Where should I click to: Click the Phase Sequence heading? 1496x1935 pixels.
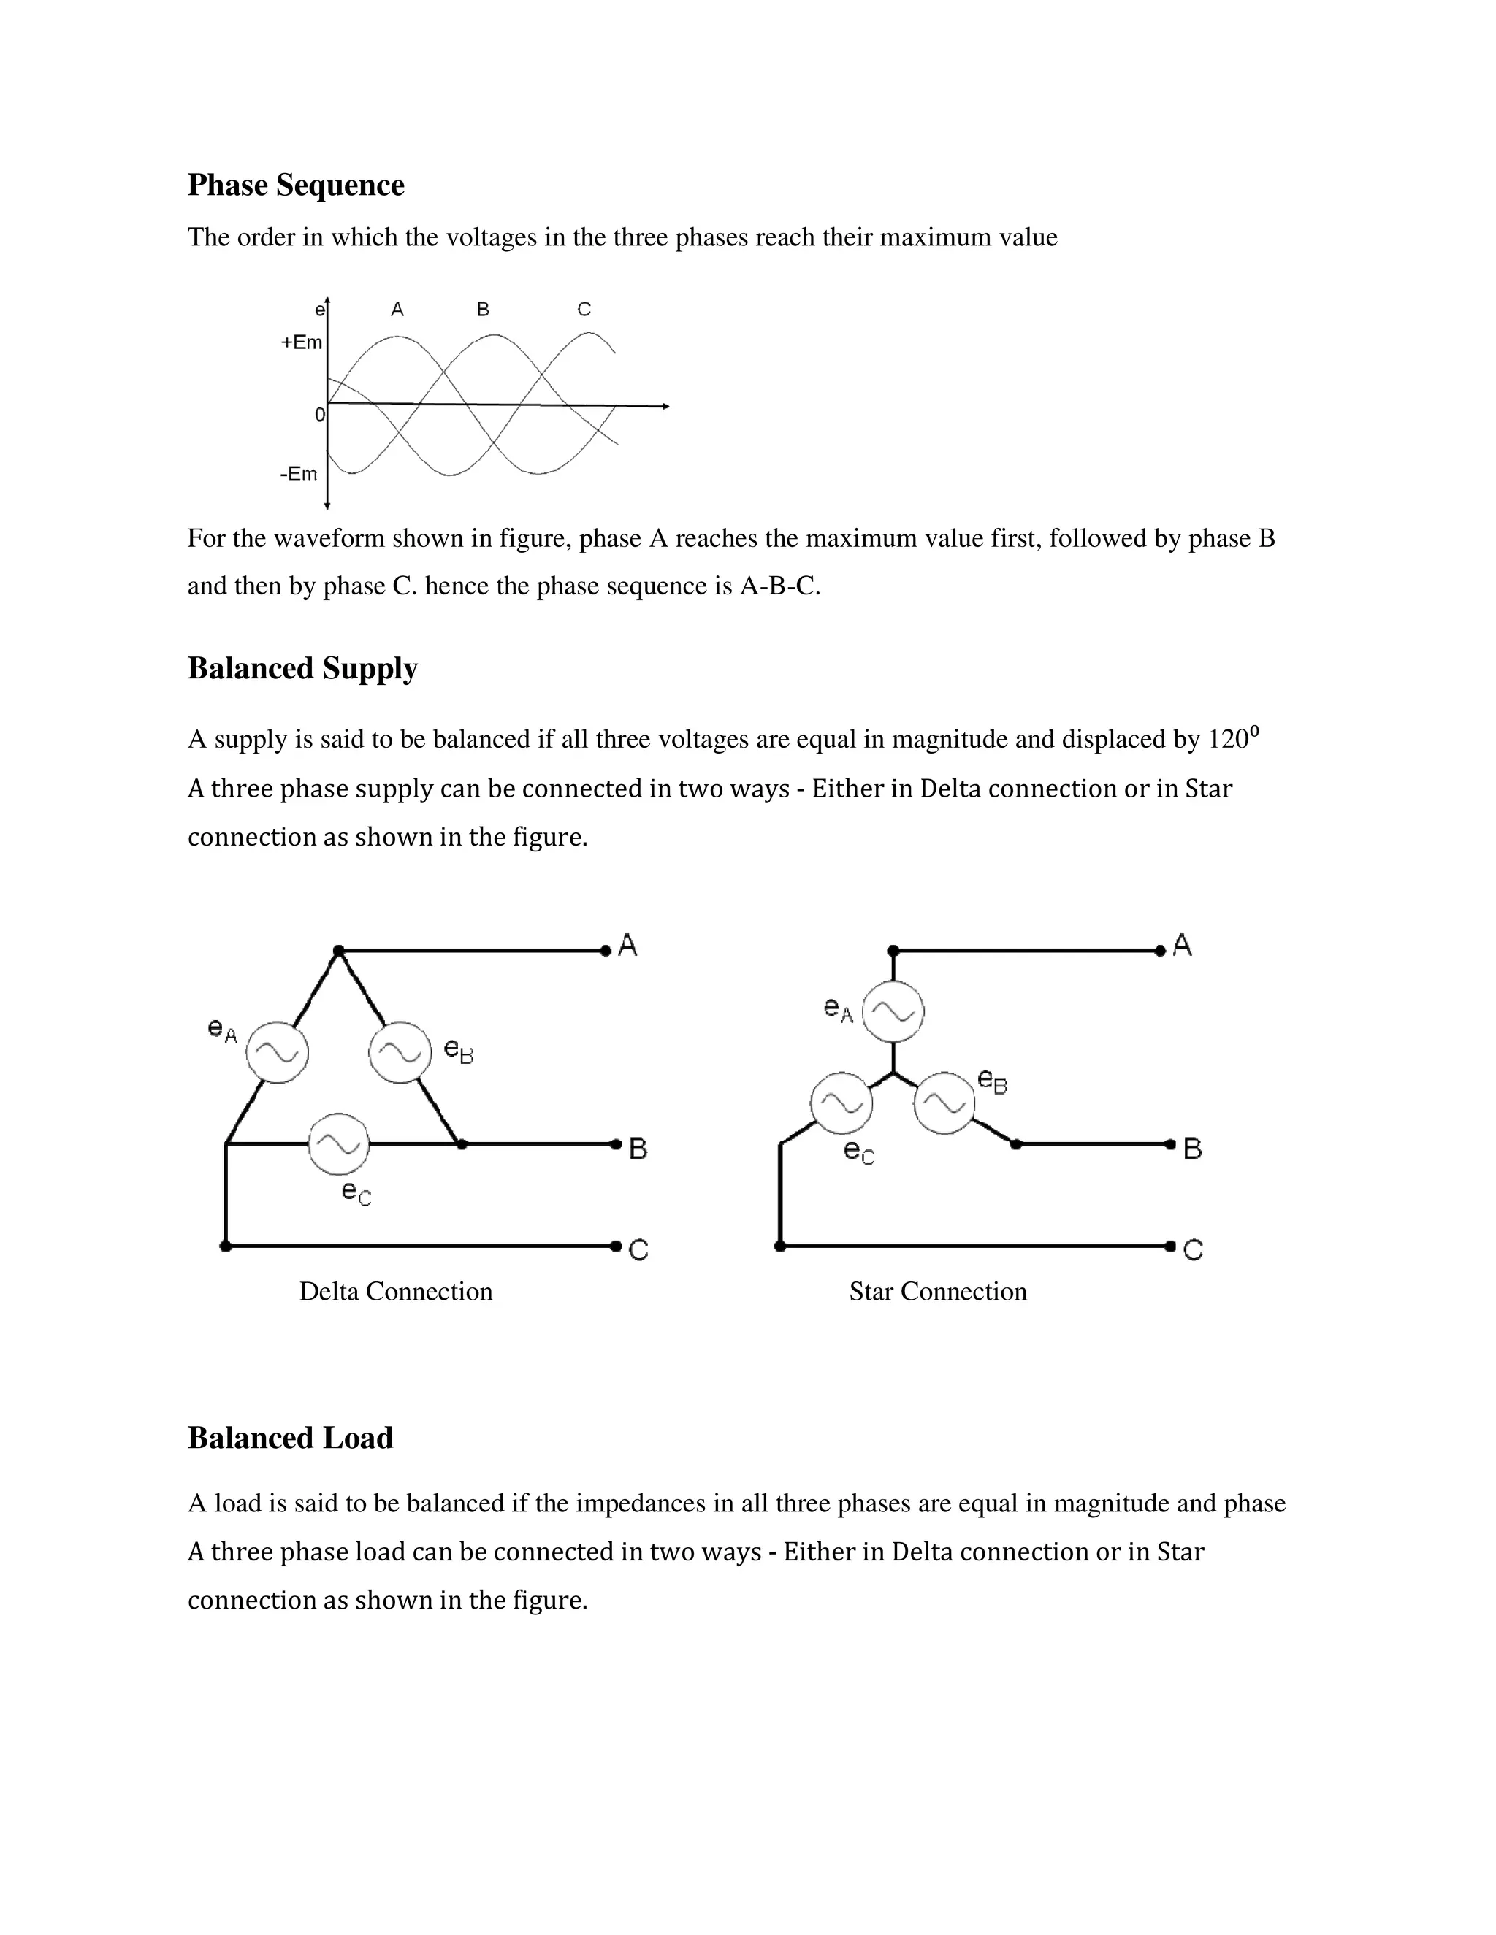click(295, 185)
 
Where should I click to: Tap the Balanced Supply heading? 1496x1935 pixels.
click(302, 668)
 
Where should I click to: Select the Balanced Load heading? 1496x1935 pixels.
click(290, 1437)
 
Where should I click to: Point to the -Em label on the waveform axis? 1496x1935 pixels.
click(299, 474)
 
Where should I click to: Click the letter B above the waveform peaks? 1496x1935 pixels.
click(483, 309)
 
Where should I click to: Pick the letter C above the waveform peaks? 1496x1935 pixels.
click(584, 309)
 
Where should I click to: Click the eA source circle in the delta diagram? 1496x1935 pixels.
click(278, 1052)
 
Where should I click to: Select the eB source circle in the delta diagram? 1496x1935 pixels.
click(400, 1052)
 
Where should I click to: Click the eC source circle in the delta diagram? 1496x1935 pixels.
click(338, 1143)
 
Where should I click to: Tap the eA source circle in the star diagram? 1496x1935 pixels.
click(893, 1011)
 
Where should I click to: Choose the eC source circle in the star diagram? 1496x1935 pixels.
click(841, 1104)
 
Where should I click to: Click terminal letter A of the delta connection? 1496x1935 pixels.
click(627, 946)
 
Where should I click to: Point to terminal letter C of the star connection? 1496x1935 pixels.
click(1193, 1250)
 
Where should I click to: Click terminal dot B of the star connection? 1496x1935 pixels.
click(1171, 1145)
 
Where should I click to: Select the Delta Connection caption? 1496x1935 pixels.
click(395, 1292)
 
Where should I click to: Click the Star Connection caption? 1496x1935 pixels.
click(938, 1292)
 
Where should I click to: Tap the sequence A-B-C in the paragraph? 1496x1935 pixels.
click(777, 586)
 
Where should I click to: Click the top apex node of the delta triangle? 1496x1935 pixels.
click(337, 951)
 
